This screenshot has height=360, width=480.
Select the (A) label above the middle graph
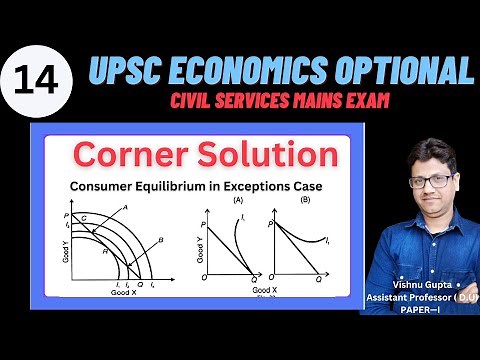click(x=238, y=200)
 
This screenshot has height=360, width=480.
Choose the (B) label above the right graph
click(x=298, y=200)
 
